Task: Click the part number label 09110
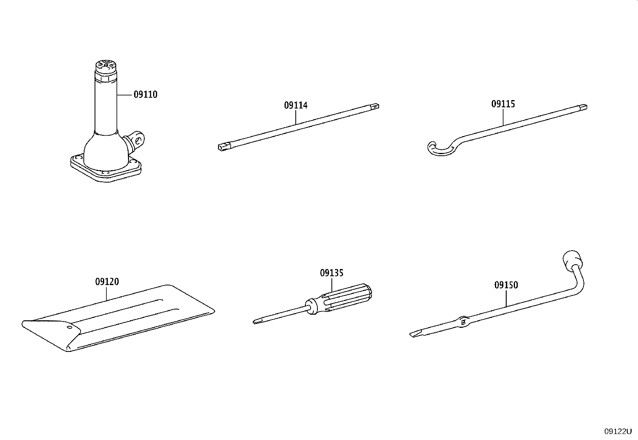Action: pos(145,94)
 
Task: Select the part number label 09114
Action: pos(296,105)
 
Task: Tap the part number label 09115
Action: pos(503,104)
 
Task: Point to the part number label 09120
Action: pos(107,281)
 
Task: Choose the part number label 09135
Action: pos(332,273)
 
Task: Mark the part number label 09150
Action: pos(506,285)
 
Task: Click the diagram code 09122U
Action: pos(618,432)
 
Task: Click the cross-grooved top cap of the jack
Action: pos(106,66)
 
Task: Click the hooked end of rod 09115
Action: pos(440,149)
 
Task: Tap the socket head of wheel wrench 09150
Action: pos(573,260)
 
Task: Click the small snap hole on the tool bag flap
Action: pos(69,327)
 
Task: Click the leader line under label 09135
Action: pos(332,285)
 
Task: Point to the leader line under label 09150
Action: pos(506,298)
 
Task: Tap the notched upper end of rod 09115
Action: pos(583,107)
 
